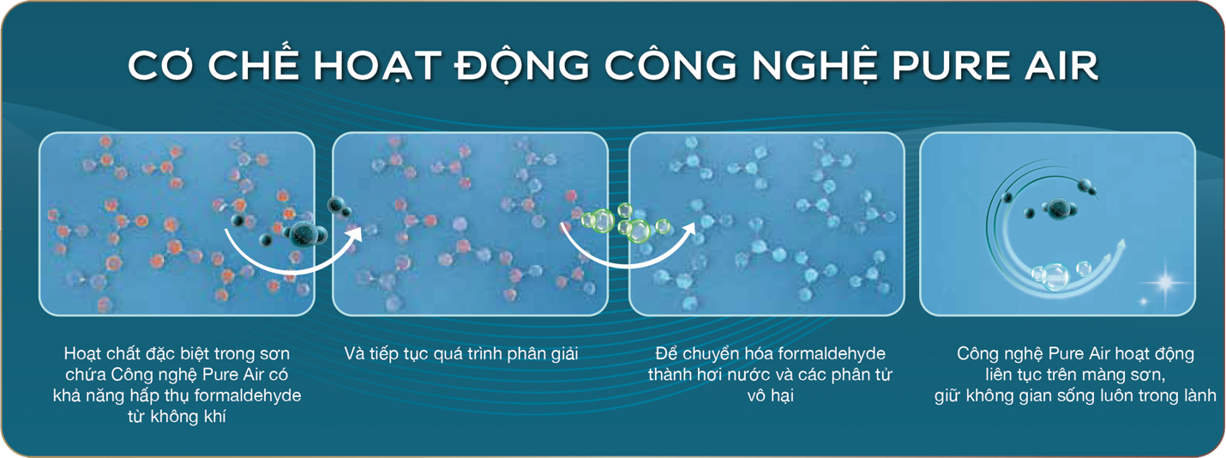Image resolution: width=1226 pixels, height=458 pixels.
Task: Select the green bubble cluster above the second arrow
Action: [624, 222]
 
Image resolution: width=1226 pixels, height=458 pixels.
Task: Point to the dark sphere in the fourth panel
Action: [1056, 206]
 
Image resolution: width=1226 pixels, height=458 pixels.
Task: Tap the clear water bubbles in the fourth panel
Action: [1051, 274]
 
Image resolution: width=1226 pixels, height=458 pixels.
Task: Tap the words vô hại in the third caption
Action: [767, 396]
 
